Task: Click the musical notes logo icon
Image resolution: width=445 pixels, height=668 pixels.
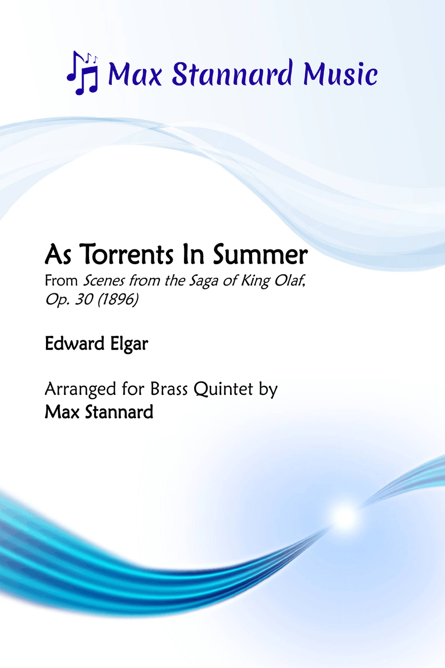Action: point(83,73)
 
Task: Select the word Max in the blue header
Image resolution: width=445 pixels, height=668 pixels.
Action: point(134,73)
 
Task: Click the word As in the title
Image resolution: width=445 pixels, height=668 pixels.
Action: point(58,254)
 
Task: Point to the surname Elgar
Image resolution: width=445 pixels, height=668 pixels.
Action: point(129,344)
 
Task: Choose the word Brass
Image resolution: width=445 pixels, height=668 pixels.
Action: point(169,388)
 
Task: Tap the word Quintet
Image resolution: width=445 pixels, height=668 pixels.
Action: point(223,389)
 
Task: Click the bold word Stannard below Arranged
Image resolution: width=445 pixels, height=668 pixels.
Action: point(119,412)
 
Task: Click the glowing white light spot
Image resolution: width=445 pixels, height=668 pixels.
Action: point(345,516)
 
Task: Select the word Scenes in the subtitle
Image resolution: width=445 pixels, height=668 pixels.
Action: point(104,281)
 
